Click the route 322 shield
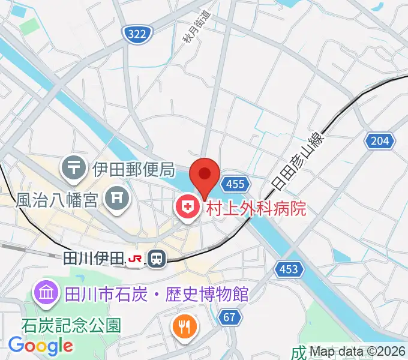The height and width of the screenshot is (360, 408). tap(137, 35)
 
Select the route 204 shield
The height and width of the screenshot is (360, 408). tap(380, 141)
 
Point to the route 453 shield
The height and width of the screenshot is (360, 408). tap(289, 269)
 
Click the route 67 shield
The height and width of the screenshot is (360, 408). tap(229, 317)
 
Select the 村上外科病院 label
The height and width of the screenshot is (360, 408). tap(256, 208)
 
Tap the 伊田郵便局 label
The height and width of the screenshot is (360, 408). tap(133, 169)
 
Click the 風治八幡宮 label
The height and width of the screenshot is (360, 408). tap(57, 199)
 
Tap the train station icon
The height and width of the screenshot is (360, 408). tap(157, 258)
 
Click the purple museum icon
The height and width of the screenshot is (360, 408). tap(46, 293)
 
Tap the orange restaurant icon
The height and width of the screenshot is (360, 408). tap(182, 327)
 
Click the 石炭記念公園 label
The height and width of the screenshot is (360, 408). tap(71, 326)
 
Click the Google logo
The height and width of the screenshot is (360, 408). tap(40, 346)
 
